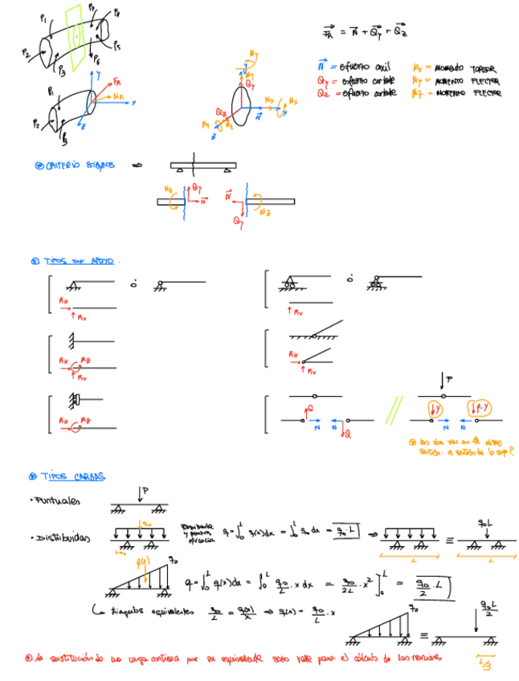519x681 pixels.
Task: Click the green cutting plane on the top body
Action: point(76,36)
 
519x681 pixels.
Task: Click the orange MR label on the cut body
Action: point(119,96)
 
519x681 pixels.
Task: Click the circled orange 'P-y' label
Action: point(483,407)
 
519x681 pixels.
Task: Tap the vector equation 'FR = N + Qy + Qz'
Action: point(363,31)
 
